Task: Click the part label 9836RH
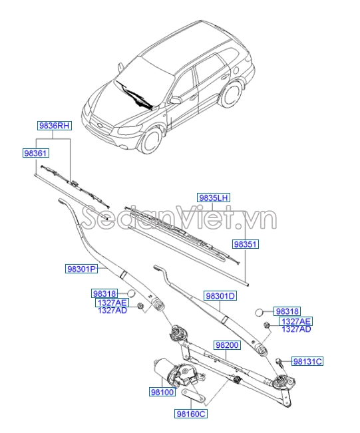(53, 125)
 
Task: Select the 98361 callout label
(35, 154)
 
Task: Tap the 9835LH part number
(213, 198)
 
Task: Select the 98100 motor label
(162, 393)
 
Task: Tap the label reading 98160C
(192, 414)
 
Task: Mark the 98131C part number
(307, 361)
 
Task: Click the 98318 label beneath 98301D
(287, 311)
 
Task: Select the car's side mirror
(176, 100)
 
